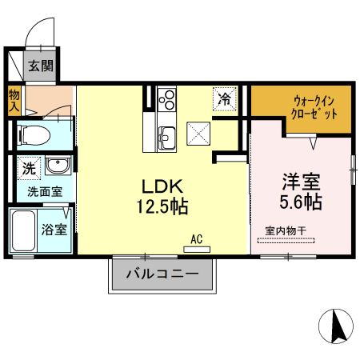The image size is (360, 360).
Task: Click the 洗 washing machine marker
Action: [x=28, y=169]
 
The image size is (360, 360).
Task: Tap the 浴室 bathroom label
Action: [x=54, y=230]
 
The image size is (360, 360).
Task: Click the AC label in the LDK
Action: [x=196, y=238]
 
